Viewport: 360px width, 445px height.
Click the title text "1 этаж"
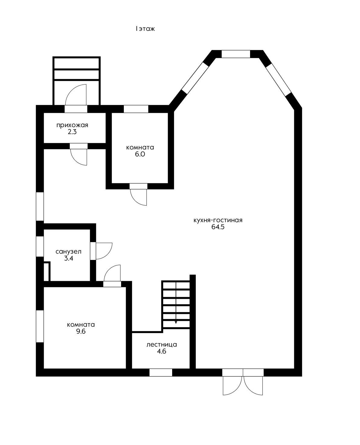coord(145,29)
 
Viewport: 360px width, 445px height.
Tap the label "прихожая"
coord(72,125)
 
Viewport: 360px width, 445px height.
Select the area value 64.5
coord(218,227)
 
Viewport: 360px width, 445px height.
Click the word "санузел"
coord(68,252)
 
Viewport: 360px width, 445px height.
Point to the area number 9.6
coord(81,331)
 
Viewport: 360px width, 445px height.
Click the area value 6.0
coord(140,154)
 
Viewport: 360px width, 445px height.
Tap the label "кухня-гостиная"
coord(218,220)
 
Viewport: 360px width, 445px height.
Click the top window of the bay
coord(236,54)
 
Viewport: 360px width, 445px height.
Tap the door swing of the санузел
coord(104,251)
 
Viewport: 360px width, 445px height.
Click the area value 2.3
coord(72,132)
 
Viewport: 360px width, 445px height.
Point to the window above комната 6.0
coord(136,109)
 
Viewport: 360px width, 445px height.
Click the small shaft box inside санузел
coord(47,272)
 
